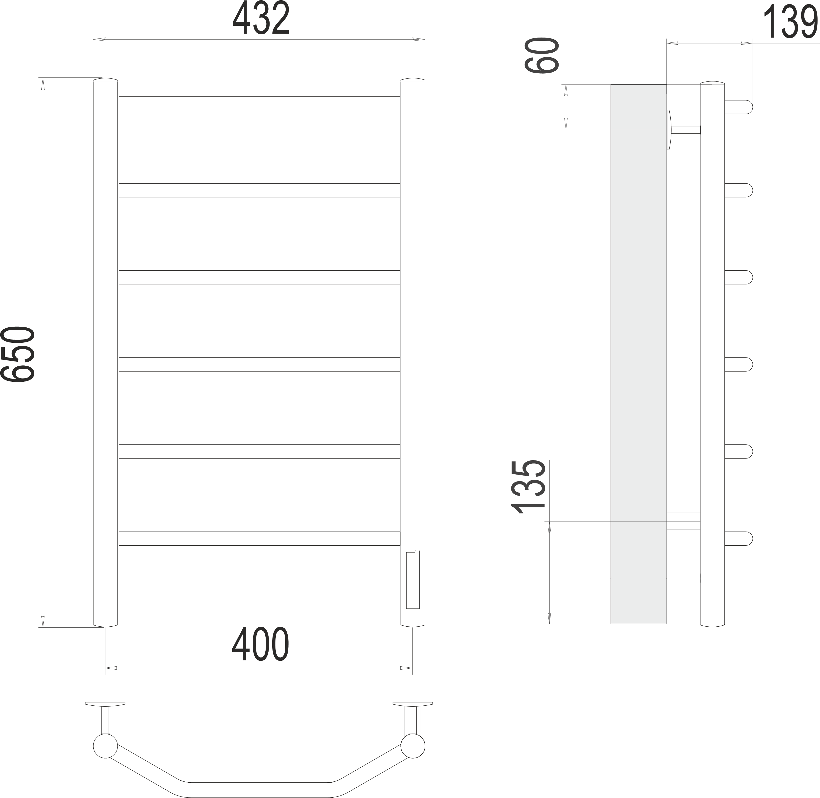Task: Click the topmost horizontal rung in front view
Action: click(259, 103)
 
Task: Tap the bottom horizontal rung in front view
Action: click(259, 538)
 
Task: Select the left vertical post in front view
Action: click(105, 353)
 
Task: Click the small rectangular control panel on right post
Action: click(413, 580)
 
